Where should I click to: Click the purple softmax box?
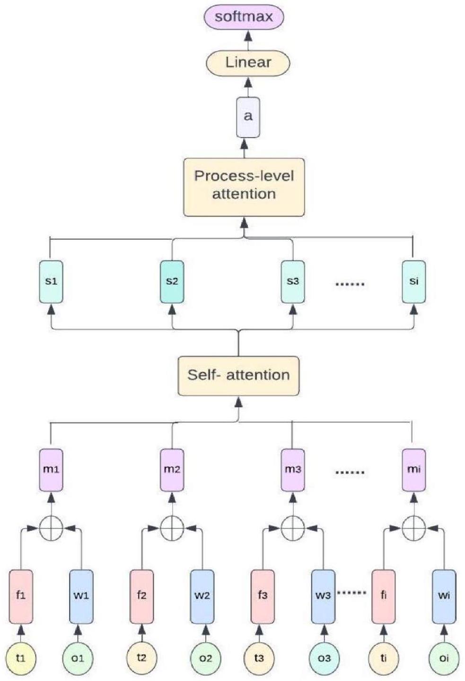click(244, 17)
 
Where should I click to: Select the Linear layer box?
click(248, 62)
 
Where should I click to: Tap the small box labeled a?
click(248, 116)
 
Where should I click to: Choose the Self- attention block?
click(238, 376)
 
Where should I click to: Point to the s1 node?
click(51, 282)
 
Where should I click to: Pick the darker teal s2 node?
click(172, 282)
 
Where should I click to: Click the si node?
click(413, 282)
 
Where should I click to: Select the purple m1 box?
click(51, 469)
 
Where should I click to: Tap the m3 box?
click(293, 469)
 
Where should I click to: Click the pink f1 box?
click(21, 596)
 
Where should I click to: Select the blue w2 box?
click(202, 596)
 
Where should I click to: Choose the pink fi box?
click(383, 596)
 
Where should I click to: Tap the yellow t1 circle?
click(21, 658)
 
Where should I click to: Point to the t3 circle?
click(259, 658)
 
